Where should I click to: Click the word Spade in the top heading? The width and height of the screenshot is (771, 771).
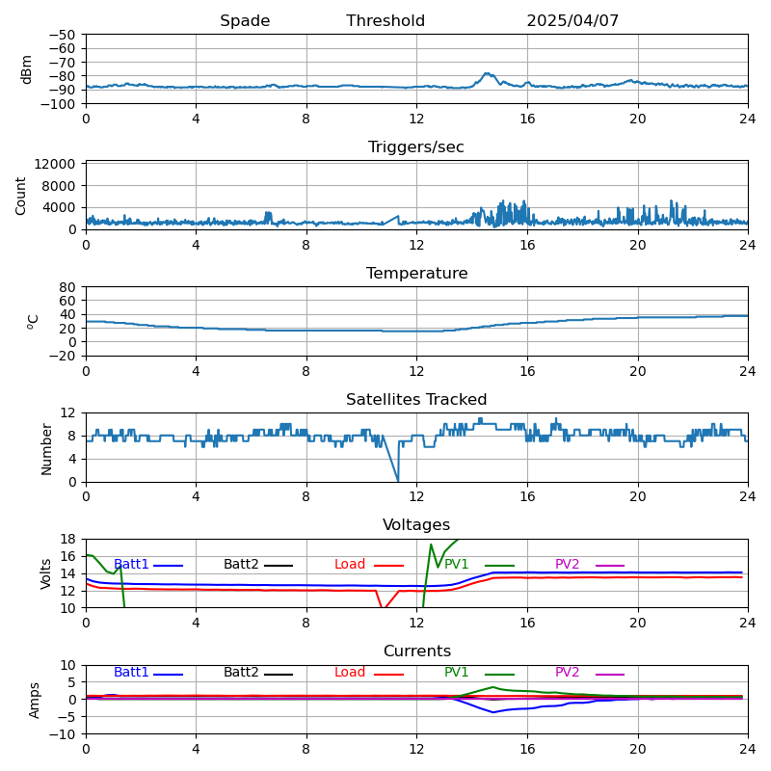point(245,21)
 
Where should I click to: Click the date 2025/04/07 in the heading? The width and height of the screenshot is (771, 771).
point(572,21)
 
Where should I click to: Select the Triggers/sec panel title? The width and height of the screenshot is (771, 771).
point(416,147)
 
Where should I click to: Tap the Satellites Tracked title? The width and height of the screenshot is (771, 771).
point(416,400)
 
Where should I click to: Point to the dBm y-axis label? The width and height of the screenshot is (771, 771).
point(27,68)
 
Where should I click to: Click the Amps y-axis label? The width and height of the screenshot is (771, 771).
point(35,700)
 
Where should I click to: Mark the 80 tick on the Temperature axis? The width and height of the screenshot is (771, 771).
point(68,287)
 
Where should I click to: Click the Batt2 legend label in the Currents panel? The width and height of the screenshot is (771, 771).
point(241,673)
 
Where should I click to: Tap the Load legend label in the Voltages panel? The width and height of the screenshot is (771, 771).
point(350,565)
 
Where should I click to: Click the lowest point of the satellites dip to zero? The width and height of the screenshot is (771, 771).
point(398,481)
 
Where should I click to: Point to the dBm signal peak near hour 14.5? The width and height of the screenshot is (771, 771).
point(487,73)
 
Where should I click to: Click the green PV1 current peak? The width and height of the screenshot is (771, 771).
point(493,687)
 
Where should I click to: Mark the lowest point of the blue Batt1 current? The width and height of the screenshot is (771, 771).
point(493,712)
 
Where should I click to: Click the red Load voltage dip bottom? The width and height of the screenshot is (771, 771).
point(384,608)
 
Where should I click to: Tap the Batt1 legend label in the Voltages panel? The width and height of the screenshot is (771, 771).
point(131,565)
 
